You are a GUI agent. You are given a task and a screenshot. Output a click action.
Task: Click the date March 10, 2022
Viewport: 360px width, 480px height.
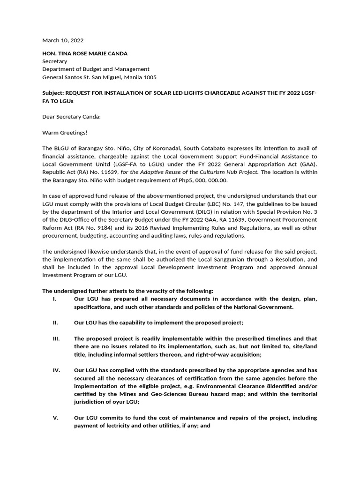tap(63, 41)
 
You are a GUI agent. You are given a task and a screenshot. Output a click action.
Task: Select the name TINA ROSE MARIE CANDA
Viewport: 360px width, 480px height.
tap(91, 53)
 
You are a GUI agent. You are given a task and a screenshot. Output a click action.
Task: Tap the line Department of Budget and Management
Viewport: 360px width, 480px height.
tap(96, 69)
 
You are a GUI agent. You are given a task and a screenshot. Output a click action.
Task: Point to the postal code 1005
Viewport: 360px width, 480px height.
tap(150, 77)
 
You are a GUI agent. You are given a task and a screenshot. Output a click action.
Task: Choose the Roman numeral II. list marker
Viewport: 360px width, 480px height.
tap(55, 323)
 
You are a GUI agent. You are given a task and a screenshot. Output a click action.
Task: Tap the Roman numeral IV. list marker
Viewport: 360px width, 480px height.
tap(56, 370)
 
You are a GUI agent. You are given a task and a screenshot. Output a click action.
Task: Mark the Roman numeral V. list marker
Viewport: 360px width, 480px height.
tap(55, 418)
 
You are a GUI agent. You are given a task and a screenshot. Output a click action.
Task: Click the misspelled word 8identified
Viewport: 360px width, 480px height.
tap(279, 386)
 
